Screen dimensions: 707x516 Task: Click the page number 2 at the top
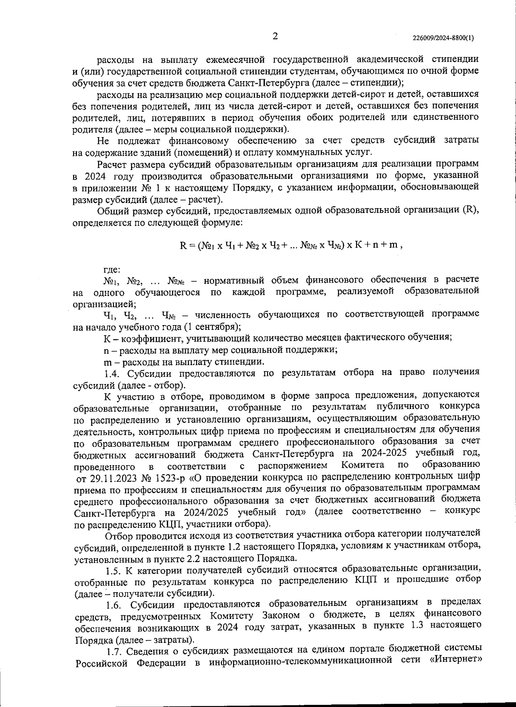[x=275, y=36]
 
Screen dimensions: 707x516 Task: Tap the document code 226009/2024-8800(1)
[x=443, y=38]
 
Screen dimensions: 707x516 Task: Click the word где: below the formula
[x=112, y=270]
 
